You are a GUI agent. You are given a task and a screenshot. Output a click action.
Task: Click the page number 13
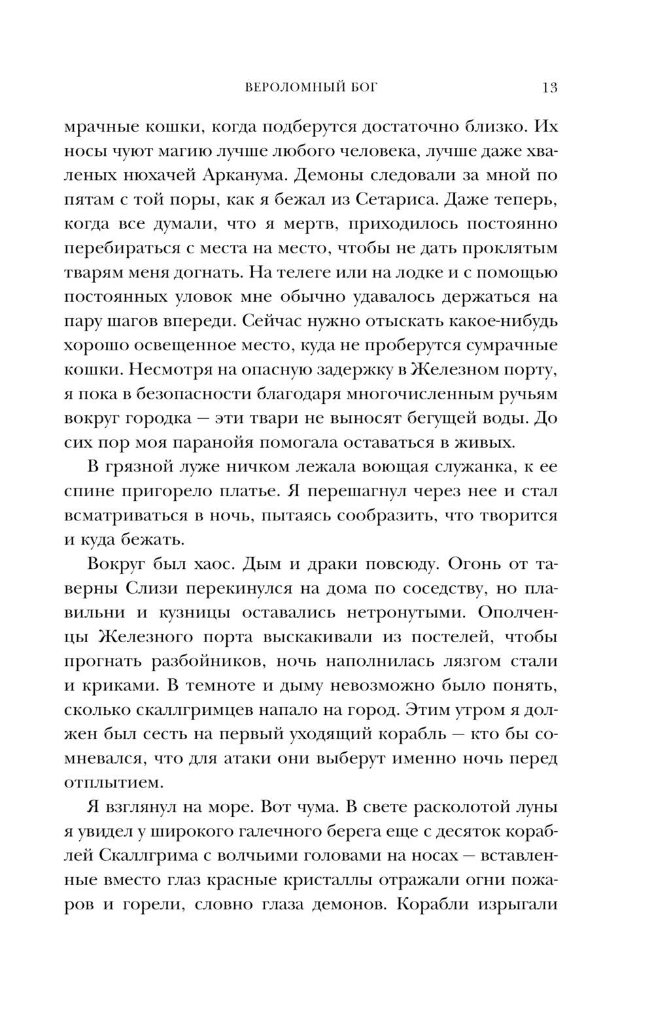click(549, 88)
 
